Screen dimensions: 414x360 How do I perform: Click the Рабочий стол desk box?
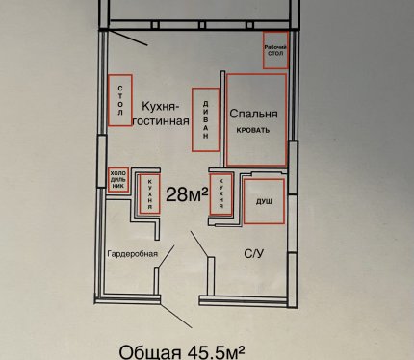275,50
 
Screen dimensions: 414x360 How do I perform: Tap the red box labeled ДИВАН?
206,119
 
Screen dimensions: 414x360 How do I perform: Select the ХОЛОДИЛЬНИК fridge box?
118,180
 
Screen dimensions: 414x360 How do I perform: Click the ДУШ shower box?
264,201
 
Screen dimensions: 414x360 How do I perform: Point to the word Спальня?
253,114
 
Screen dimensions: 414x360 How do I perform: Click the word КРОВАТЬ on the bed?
253,130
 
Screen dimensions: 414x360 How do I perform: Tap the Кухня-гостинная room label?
161,114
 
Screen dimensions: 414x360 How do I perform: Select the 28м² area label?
187,194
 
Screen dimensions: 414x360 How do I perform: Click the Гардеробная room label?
133,254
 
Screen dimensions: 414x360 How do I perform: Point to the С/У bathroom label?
254,254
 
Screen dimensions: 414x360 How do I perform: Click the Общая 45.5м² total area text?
183,352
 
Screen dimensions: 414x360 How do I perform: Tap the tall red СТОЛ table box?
120,100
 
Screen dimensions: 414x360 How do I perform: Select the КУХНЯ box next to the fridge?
149,193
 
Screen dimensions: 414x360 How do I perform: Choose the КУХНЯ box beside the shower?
220,194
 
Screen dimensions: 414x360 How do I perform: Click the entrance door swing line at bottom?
176,316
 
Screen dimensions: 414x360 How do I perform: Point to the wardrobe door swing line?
166,256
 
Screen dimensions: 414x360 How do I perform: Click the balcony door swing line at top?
128,38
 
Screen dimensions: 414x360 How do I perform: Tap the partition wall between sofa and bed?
222,119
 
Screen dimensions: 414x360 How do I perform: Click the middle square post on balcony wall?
202,25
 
